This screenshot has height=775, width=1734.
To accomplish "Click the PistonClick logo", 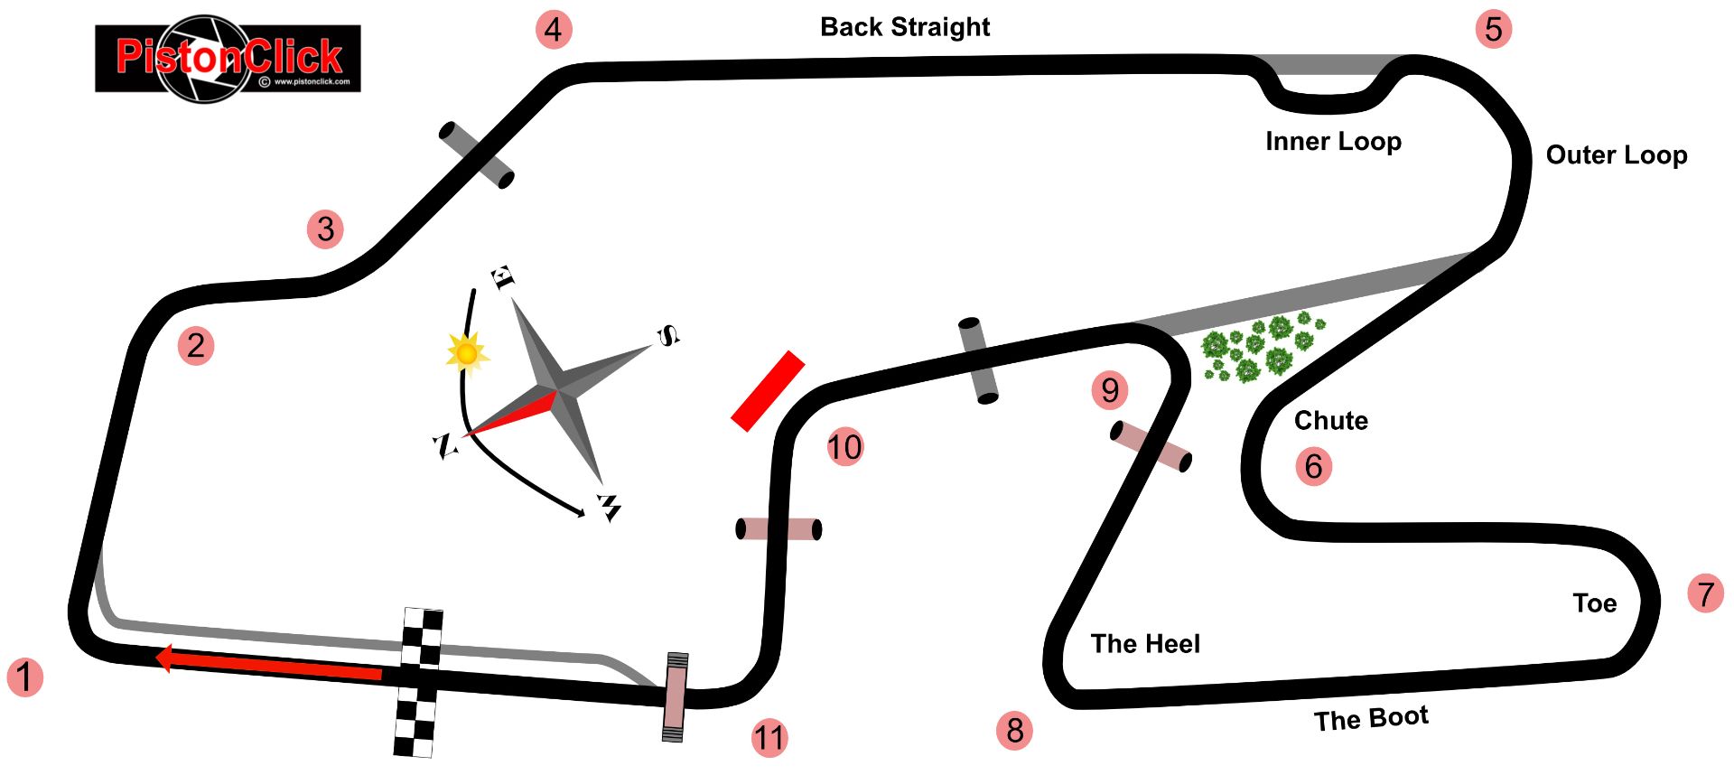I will pyautogui.click(x=228, y=59).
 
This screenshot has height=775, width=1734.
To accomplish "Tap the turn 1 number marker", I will pyautogui.click(x=25, y=677).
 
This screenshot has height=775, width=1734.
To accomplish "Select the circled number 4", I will pyautogui.click(x=553, y=30).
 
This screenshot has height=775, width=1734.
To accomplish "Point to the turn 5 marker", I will pyautogui.click(x=1493, y=29).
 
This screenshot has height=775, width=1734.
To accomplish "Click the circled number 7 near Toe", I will pyautogui.click(x=1705, y=593).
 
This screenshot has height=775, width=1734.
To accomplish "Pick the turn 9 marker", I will pyautogui.click(x=1109, y=390).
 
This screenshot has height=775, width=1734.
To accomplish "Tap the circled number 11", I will pyautogui.click(x=769, y=738).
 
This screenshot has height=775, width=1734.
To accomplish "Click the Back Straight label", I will pyautogui.click(x=905, y=27).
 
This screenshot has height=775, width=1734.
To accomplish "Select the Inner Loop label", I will pyautogui.click(x=1333, y=142).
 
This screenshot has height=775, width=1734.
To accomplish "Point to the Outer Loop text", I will pyautogui.click(x=1617, y=155).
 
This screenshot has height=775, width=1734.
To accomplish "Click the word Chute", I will pyautogui.click(x=1330, y=421).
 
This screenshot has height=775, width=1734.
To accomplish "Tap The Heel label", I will pyautogui.click(x=1145, y=644).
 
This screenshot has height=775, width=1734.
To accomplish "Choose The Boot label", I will pyautogui.click(x=1371, y=719).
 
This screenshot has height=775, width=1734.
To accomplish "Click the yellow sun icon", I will pyautogui.click(x=466, y=352).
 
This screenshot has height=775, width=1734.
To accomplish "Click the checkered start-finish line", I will pyautogui.click(x=418, y=682).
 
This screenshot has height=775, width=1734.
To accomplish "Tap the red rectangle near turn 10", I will pyautogui.click(x=768, y=390).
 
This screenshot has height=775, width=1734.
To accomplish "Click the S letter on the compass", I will pyautogui.click(x=667, y=336).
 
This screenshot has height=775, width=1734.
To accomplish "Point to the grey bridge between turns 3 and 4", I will pyautogui.click(x=476, y=155).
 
